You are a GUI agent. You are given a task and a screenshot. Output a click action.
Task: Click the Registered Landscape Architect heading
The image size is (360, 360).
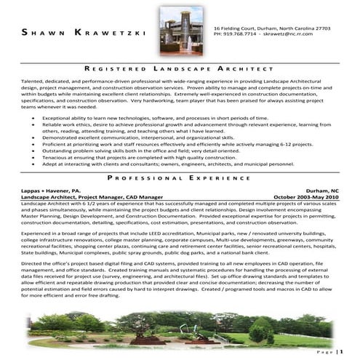[180, 67]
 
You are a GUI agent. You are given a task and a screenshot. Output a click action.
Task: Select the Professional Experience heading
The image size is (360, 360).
[180, 177]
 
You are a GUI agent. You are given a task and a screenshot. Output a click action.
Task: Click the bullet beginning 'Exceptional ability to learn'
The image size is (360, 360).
[145, 116]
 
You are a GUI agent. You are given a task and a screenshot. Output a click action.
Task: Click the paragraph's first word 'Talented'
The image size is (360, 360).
[33, 80]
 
